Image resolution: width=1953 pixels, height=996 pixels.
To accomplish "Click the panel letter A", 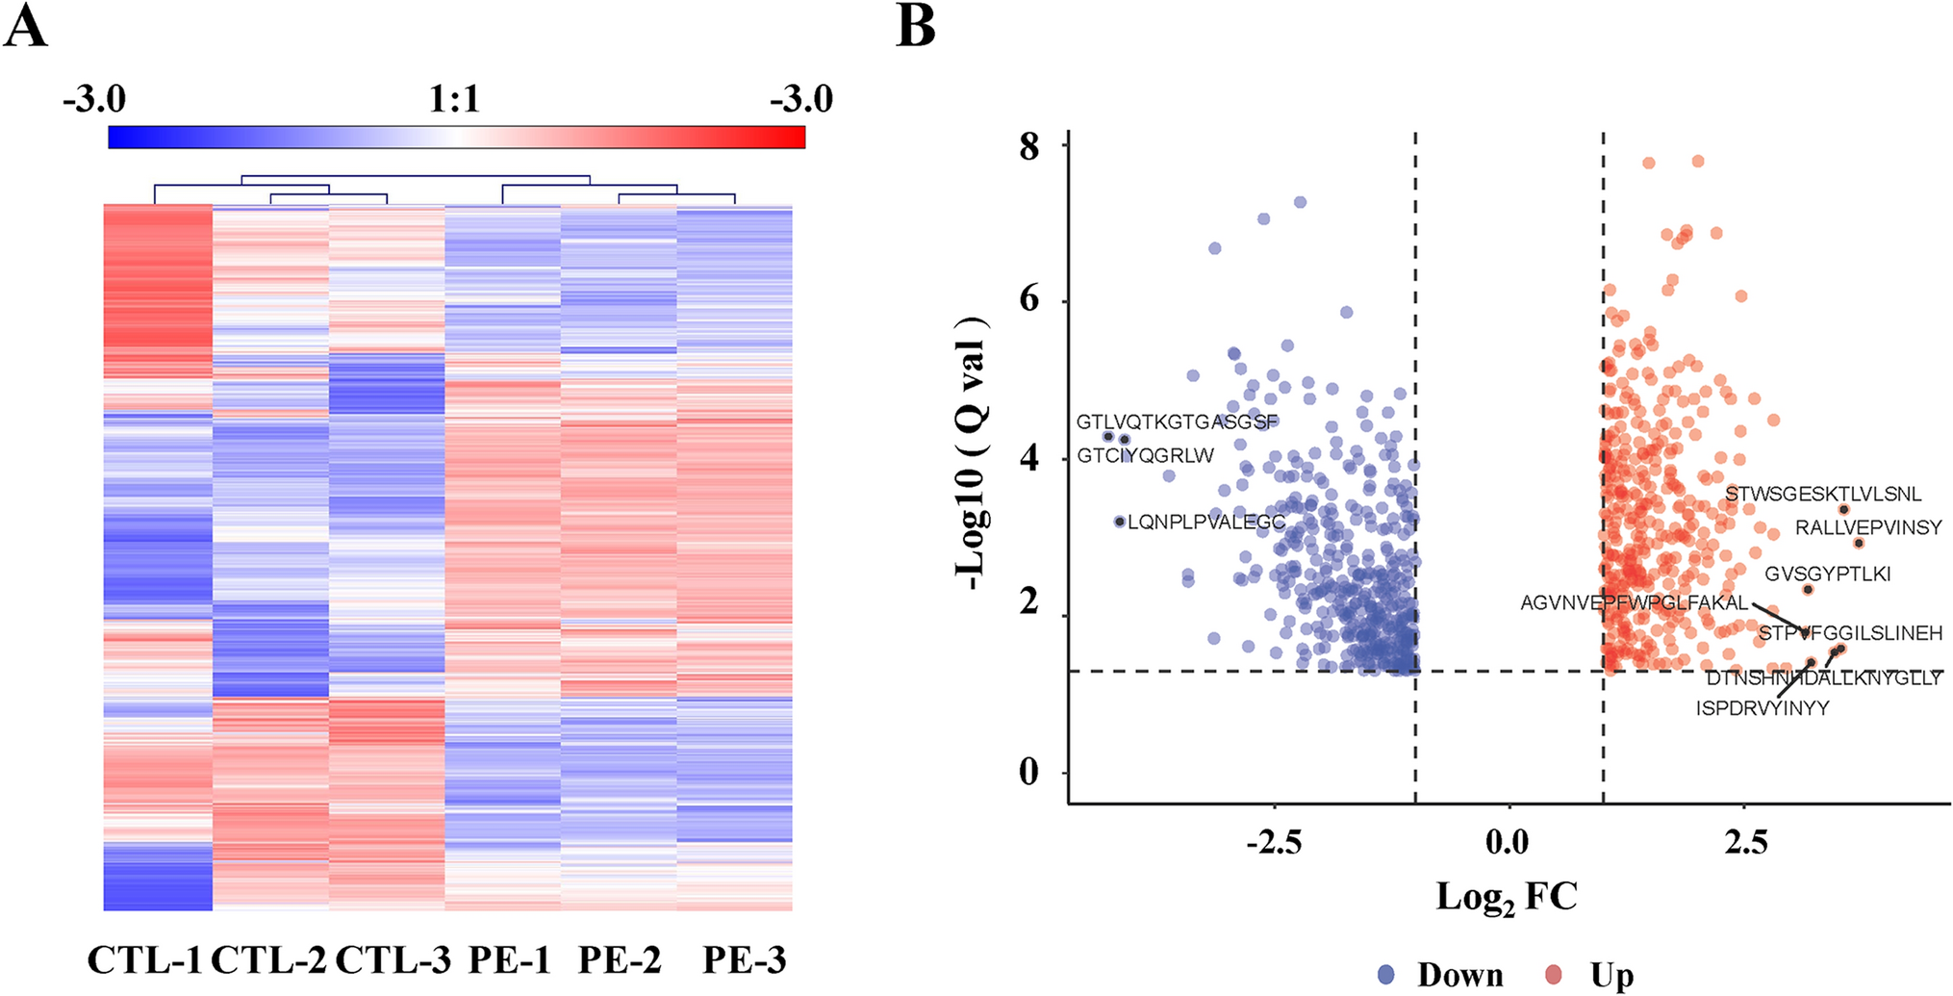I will click(x=26, y=26).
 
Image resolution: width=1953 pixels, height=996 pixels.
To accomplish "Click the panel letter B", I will click(x=915, y=26).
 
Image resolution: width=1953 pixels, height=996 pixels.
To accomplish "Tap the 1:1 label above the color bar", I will click(x=454, y=98).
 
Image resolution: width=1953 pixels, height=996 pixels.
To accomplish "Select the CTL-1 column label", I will click(x=145, y=960).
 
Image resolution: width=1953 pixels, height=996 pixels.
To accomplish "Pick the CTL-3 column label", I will click(x=393, y=960).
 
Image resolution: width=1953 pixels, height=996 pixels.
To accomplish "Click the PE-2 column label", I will click(x=620, y=960).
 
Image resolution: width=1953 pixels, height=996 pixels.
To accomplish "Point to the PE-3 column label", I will click(x=744, y=960).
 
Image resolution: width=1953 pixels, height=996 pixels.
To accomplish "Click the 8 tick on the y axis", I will click(x=1029, y=146).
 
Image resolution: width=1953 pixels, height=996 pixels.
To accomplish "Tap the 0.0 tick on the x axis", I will click(x=1507, y=842).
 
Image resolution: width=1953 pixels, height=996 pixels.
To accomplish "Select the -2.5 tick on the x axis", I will click(x=1274, y=842).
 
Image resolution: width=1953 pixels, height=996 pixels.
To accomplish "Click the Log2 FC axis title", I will click(x=1507, y=897).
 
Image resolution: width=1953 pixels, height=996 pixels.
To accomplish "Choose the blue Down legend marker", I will click(x=1387, y=975).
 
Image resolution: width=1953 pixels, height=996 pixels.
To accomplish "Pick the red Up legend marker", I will click(x=1553, y=975).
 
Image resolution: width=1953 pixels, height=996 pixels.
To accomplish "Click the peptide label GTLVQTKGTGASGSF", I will click(x=1177, y=421).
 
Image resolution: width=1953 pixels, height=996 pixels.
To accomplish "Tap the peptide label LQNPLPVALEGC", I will click(x=1206, y=523).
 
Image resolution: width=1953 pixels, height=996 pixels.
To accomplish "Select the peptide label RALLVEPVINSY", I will click(x=1868, y=527).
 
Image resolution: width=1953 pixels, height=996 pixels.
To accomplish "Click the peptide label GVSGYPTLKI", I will click(x=1827, y=574).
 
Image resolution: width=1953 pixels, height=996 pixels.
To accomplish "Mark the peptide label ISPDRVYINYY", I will click(x=1763, y=708).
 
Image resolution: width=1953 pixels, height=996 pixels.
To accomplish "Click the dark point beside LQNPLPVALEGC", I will click(x=1119, y=522).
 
